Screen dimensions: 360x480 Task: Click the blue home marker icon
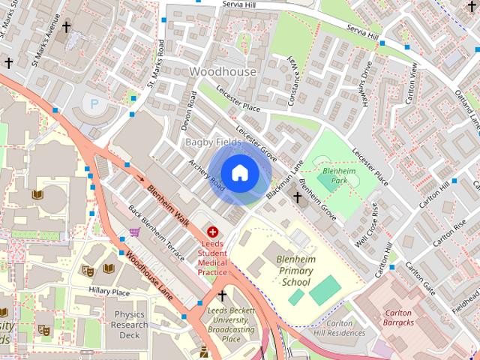(239, 173)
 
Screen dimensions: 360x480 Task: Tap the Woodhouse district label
(222, 72)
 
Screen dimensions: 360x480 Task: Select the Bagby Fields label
(213, 142)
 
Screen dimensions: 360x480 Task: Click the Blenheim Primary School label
(296, 270)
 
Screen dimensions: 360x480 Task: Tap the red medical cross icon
(212, 233)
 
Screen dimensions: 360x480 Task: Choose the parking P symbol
(94, 103)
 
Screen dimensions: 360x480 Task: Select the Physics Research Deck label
(124, 325)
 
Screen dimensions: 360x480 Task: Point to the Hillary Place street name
(109, 292)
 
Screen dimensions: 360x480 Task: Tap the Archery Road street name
(207, 175)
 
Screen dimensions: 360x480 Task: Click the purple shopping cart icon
(135, 233)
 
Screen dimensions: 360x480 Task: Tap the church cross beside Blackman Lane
(297, 197)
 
